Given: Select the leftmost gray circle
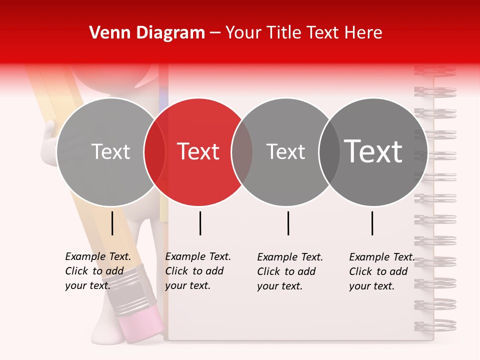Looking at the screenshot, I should click(100, 180).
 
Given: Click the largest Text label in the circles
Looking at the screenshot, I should click(373, 151).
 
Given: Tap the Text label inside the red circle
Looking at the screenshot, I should click(198, 151).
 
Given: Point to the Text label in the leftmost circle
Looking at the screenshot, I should click(110, 151).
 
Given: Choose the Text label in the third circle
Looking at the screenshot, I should click(285, 151).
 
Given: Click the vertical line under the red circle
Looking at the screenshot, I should click(200, 223).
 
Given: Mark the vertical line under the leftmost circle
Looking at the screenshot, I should click(112, 223).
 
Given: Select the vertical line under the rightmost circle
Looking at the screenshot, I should click(372, 223).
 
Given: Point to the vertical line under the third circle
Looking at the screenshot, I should click(288, 223).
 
